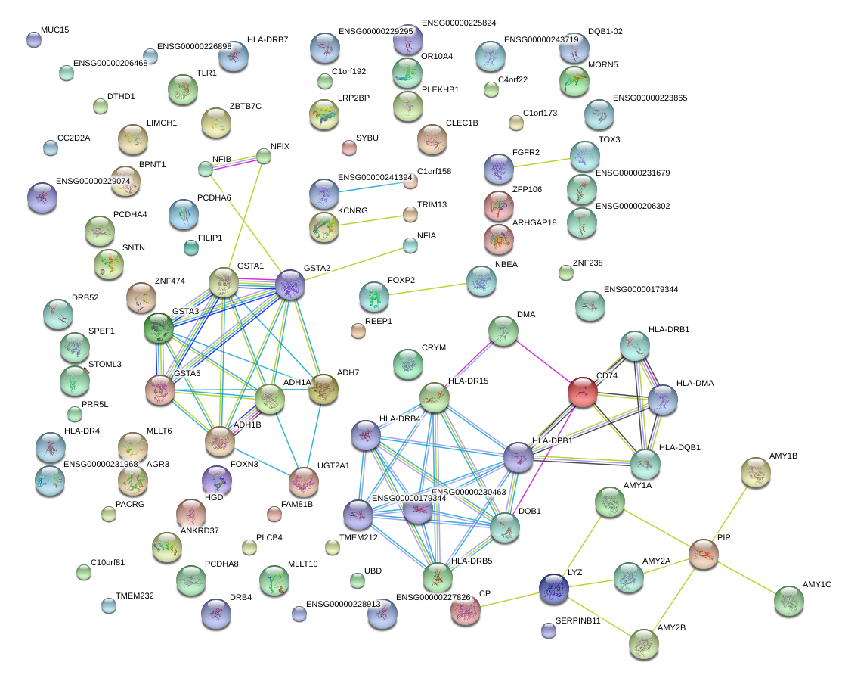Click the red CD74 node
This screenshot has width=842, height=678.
coord(583,392)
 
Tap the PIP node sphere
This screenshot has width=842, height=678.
coord(704,555)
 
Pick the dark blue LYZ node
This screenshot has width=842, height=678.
coord(554,589)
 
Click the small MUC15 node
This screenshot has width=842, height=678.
coord(33,39)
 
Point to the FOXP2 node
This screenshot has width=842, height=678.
coord(373,297)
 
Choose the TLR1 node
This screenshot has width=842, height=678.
coord(182,89)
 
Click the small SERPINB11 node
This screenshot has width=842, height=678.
coord(549,630)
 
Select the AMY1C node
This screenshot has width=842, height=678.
coord(789,601)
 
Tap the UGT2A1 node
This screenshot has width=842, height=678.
coord(304,482)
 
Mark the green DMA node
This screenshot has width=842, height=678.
coord(503,331)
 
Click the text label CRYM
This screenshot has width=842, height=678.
coord(434,348)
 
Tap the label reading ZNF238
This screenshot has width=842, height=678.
coord(588,263)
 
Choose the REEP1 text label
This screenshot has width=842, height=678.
coord(379,321)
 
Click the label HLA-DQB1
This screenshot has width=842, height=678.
coord(679,447)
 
